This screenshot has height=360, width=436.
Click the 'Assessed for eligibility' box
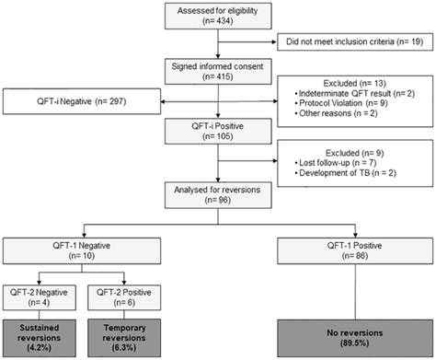pyautogui.click(x=216, y=17)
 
